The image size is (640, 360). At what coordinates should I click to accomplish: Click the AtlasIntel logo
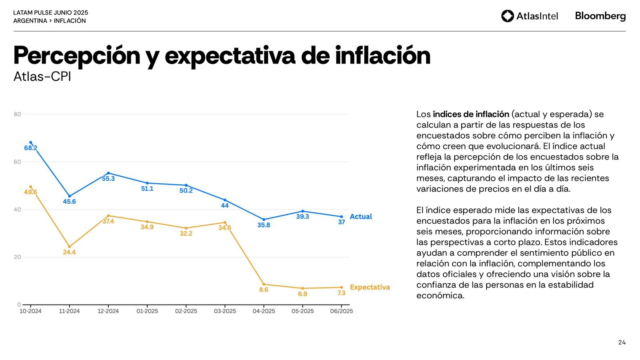(x=529, y=16)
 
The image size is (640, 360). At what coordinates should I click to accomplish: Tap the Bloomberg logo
(x=600, y=16)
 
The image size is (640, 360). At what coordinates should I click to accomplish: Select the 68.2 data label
(x=30, y=148)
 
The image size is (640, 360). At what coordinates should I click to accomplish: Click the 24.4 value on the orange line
(x=69, y=252)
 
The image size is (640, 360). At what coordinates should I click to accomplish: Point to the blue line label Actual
(x=361, y=216)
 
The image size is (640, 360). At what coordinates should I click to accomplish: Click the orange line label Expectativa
(x=370, y=287)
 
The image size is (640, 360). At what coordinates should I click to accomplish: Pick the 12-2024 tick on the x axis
(x=108, y=311)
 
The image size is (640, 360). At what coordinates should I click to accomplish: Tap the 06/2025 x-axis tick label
(x=341, y=311)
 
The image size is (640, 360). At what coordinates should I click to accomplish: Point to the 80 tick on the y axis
(x=17, y=114)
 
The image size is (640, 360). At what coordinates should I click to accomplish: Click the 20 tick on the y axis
(x=17, y=257)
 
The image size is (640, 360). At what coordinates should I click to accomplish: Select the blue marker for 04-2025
(x=264, y=220)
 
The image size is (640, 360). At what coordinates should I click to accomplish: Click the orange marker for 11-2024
(x=70, y=247)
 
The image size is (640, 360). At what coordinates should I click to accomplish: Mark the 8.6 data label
(x=264, y=290)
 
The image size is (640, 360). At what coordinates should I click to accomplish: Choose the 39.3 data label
(x=302, y=217)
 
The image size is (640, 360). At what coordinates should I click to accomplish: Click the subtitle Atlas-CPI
(x=42, y=76)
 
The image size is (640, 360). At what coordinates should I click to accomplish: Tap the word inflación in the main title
(x=383, y=55)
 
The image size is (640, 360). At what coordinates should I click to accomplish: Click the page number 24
(x=622, y=342)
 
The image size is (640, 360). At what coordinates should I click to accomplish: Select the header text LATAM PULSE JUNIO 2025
(x=51, y=13)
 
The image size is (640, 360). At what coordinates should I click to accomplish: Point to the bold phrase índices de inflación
(x=471, y=114)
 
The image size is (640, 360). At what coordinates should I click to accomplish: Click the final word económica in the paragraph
(x=440, y=296)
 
